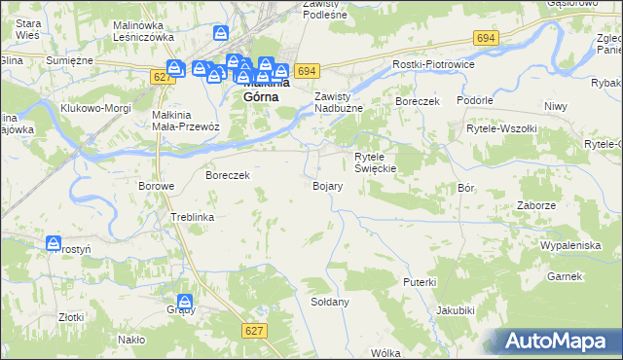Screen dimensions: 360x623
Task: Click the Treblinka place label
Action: (x=192, y=217)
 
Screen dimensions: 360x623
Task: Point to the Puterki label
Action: (x=419, y=281)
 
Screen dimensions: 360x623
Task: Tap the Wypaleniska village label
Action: (x=570, y=245)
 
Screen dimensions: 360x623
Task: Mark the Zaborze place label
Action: (x=536, y=206)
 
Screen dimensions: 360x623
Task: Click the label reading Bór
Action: (x=464, y=190)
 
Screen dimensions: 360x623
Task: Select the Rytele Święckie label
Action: (x=375, y=162)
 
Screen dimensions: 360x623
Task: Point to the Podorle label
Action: (x=474, y=100)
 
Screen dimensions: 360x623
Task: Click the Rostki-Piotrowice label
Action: (x=432, y=64)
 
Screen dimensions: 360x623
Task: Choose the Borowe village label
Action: (x=156, y=186)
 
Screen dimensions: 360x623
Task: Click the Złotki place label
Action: (x=70, y=317)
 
